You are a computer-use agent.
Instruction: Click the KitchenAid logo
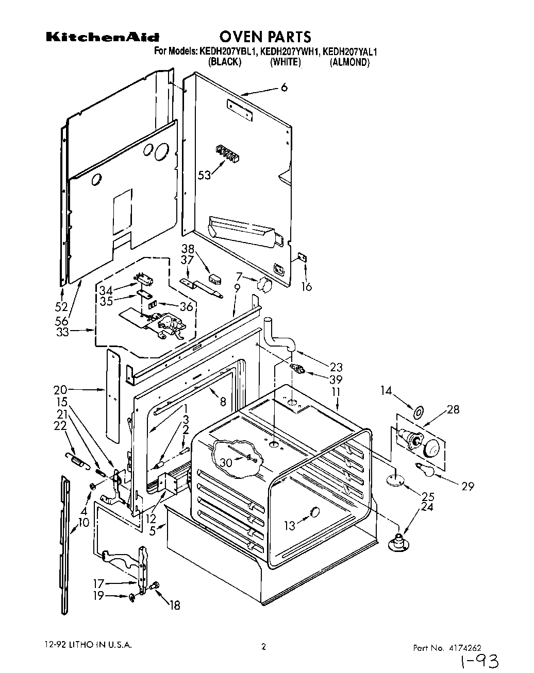(x=103, y=37)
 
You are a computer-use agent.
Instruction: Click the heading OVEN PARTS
(x=265, y=37)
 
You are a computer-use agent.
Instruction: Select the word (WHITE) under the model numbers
(x=285, y=62)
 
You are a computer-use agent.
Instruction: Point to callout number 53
(x=205, y=175)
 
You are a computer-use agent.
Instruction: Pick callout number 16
(x=307, y=286)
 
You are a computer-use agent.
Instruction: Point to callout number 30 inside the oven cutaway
(x=225, y=463)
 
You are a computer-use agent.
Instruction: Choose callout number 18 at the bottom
(x=175, y=606)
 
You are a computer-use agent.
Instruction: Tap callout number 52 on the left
(x=62, y=307)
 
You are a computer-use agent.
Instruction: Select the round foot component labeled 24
(x=398, y=543)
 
